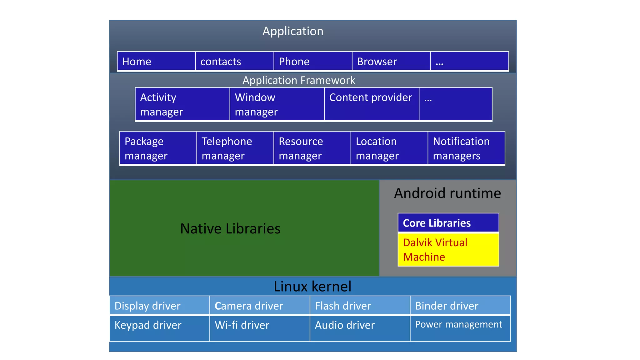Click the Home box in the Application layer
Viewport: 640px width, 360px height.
pos(156,61)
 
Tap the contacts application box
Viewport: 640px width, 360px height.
pos(234,61)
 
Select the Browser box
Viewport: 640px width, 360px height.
pos(391,61)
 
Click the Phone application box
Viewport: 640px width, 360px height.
pos(312,61)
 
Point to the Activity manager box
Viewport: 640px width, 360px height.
pos(182,104)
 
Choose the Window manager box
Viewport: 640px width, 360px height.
pos(277,104)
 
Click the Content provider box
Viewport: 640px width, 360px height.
pos(371,104)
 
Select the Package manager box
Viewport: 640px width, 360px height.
pos(158,148)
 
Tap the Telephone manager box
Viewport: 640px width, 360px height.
pos(235,148)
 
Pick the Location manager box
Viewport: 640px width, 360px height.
pos(389,148)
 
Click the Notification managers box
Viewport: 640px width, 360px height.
pos(466,148)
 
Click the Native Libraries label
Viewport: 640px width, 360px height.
pos(230,228)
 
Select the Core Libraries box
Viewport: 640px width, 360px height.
pos(448,223)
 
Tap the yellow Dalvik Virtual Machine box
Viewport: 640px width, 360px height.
pos(448,250)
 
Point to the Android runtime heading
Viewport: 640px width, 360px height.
pos(447,193)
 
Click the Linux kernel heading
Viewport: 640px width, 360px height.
pos(312,286)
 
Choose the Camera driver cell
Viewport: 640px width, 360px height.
pos(259,306)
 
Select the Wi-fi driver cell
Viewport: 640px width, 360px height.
pos(259,328)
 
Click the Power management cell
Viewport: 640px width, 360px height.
pos(460,328)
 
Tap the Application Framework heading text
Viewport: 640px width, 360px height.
pos(299,80)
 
